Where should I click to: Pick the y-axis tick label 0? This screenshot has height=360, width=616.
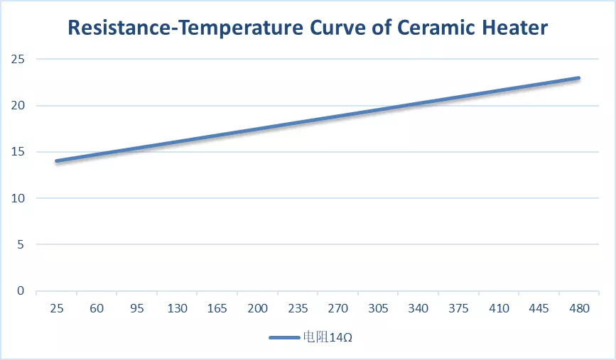coord(21,291)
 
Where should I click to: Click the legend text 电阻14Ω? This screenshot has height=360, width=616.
coord(329,337)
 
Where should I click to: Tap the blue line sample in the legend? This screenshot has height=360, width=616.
coord(286,337)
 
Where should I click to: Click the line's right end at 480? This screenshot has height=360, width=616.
coord(578,78)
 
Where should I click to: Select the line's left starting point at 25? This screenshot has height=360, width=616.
coord(57,161)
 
